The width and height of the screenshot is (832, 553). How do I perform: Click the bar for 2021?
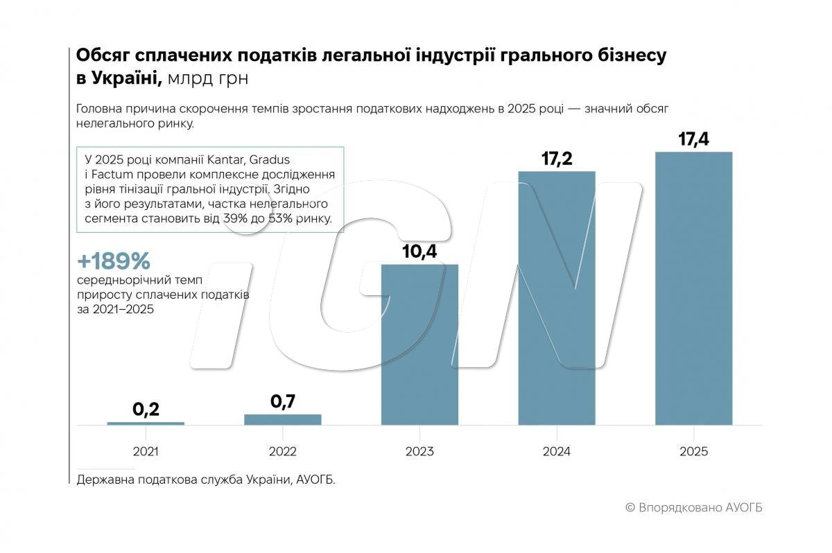point(146,423)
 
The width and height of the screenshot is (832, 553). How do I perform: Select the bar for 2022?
point(282,419)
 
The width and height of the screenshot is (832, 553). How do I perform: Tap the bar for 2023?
point(419,344)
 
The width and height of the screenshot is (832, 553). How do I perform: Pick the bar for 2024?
point(557,298)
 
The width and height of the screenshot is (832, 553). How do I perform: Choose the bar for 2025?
point(693,288)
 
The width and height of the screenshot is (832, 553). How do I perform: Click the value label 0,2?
point(146,409)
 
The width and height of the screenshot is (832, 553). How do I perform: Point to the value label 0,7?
point(282,401)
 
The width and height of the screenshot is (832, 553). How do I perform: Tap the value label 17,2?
point(557,158)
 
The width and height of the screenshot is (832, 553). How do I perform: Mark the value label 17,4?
point(693,139)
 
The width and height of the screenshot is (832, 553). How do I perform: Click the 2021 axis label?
point(146,451)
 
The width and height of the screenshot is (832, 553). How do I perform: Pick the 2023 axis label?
point(419,451)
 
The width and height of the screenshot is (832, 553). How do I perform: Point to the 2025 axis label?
point(693,451)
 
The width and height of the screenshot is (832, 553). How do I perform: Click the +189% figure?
point(114,262)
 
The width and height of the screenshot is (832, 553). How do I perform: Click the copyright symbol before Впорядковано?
point(630,507)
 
